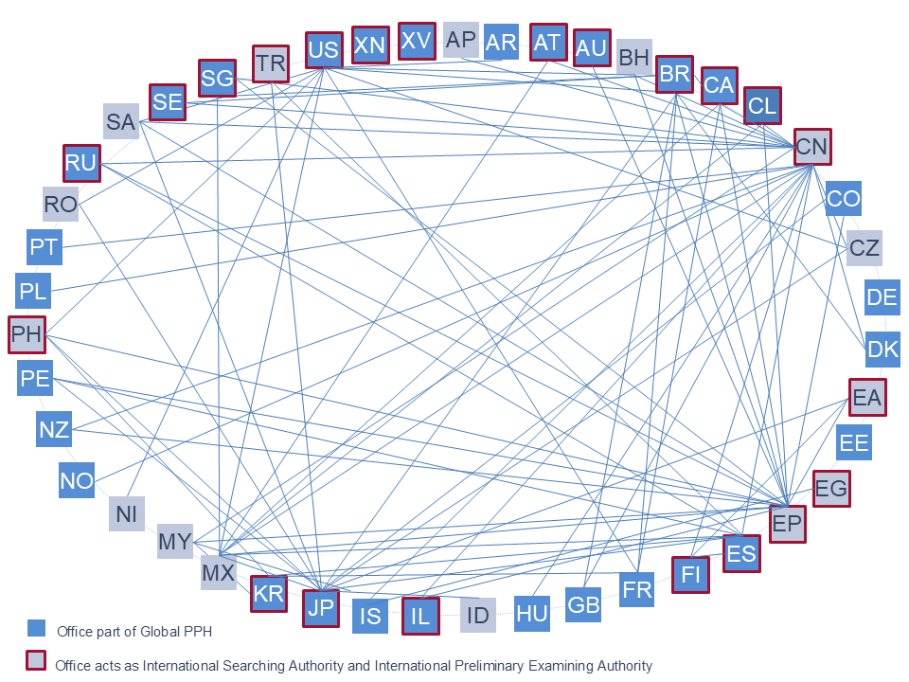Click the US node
tap(324, 50)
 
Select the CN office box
tap(812, 147)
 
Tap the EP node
tap(787, 524)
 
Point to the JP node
tap(321, 608)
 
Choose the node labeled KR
tap(268, 593)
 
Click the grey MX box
tap(219, 572)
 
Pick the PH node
tap(27, 334)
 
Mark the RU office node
tap(81, 163)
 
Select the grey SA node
tap(121, 122)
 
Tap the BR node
tap(674, 74)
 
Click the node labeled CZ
tap(864, 248)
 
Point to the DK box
tap(882, 350)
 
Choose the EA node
tap(867, 397)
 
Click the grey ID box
tap(477, 615)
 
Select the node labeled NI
tap(126, 513)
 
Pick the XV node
tap(417, 41)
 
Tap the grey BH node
tap(634, 58)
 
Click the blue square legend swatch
tap(37, 628)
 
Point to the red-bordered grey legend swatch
tap(36, 660)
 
